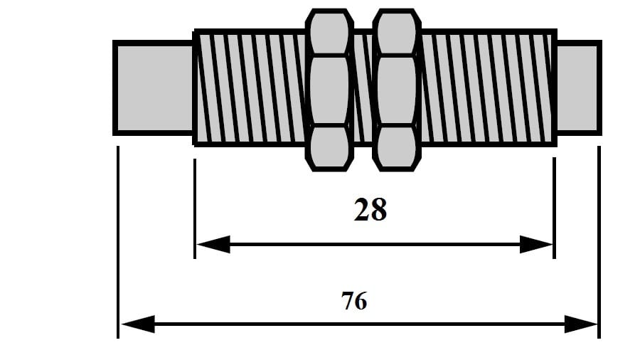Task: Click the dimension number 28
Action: [x=370, y=210]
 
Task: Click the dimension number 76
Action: [x=354, y=301]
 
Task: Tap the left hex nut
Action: [x=329, y=90]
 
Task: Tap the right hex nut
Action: [x=397, y=90]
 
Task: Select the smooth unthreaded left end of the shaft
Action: [x=153, y=88]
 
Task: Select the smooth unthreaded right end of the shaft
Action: [x=577, y=88]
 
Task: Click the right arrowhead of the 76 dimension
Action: [x=582, y=324]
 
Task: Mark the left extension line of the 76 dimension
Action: [x=117, y=242]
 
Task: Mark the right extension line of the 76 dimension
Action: [x=599, y=242]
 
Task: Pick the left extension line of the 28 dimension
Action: [x=195, y=206]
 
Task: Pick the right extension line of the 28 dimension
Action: [x=554, y=206]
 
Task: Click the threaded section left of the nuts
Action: [x=249, y=88]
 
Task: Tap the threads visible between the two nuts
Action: [x=363, y=88]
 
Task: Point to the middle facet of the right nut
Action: [x=397, y=90]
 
